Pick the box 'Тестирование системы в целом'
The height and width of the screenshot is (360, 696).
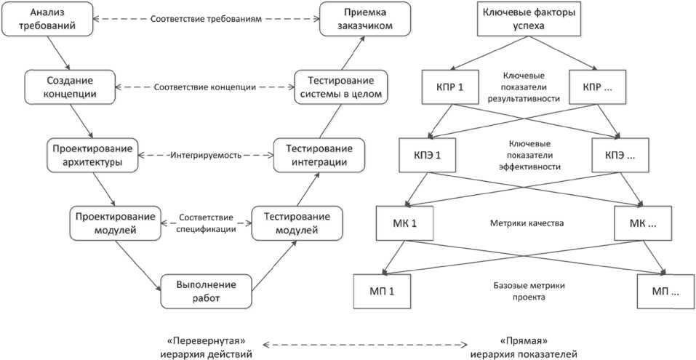(x=338, y=87)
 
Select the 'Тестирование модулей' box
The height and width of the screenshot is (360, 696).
(x=295, y=223)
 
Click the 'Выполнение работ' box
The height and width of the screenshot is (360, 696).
(x=205, y=291)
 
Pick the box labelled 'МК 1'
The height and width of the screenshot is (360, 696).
(x=403, y=223)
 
